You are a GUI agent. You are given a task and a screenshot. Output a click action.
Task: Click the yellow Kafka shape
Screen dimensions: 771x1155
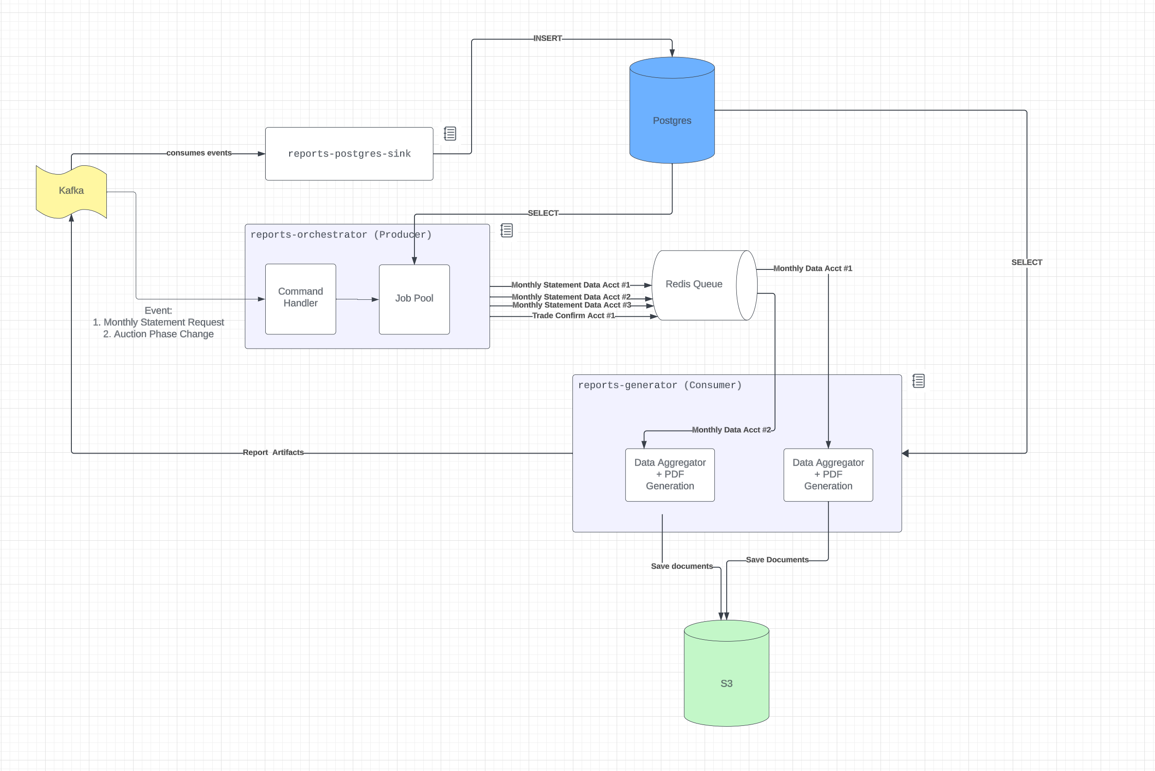(x=71, y=191)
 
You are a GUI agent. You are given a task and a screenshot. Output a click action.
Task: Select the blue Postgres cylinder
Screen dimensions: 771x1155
(x=671, y=121)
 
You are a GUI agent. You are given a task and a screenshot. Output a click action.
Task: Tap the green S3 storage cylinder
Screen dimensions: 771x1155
(x=726, y=683)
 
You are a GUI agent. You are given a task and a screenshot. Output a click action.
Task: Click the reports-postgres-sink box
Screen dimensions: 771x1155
(x=349, y=154)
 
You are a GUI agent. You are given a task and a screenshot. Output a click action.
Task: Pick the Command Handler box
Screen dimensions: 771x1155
(x=300, y=298)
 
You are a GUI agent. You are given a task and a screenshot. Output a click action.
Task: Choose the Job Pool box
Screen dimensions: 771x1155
(x=414, y=298)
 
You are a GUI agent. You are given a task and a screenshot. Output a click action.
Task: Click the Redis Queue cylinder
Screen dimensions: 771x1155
(x=694, y=285)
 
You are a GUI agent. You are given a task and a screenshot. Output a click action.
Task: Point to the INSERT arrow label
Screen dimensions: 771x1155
(x=547, y=38)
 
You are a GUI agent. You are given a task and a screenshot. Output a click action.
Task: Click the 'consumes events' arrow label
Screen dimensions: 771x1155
(x=198, y=153)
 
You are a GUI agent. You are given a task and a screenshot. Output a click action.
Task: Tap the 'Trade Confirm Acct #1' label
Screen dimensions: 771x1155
(x=573, y=315)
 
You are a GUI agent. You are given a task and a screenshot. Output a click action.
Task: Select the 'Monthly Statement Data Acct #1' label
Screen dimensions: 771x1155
(x=571, y=285)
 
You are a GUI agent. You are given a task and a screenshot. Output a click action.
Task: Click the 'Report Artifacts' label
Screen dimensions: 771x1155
(x=273, y=452)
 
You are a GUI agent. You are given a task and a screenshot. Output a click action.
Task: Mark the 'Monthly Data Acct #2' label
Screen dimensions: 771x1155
(x=731, y=430)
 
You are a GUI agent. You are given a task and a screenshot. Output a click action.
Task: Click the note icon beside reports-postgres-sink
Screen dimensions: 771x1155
(x=450, y=134)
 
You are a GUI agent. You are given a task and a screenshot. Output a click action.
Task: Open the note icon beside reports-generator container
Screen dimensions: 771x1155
(x=918, y=381)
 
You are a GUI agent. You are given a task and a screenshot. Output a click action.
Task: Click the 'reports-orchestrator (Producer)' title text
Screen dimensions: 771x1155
(x=341, y=234)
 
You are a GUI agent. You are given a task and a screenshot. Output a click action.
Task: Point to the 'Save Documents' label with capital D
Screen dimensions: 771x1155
(x=777, y=560)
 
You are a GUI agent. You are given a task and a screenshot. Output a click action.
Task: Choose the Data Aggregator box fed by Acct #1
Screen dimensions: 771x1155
(x=828, y=474)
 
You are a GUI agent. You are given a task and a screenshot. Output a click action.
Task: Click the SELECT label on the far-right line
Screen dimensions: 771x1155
(x=1027, y=262)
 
